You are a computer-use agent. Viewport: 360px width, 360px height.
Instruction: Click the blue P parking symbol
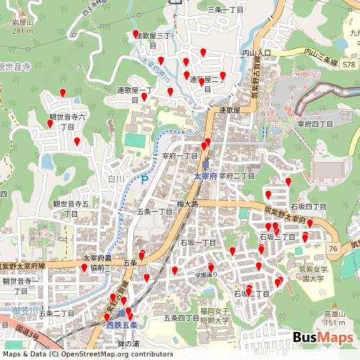(x=144, y=179)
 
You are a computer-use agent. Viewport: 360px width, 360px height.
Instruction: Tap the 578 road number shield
(x=349, y=65)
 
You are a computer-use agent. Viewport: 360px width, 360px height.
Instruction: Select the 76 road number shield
(x=332, y=248)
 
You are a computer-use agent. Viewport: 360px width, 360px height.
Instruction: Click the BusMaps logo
(x=323, y=338)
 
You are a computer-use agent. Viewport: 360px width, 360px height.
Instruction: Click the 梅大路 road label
(x=188, y=204)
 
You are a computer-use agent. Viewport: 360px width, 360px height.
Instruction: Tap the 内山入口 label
(x=256, y=53)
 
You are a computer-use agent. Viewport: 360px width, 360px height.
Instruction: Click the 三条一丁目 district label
(x=226, y=9)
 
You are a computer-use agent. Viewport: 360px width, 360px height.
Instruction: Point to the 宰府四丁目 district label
(x=315, y=124)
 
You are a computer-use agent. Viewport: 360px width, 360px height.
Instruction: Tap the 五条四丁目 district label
(x=181, y=318)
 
